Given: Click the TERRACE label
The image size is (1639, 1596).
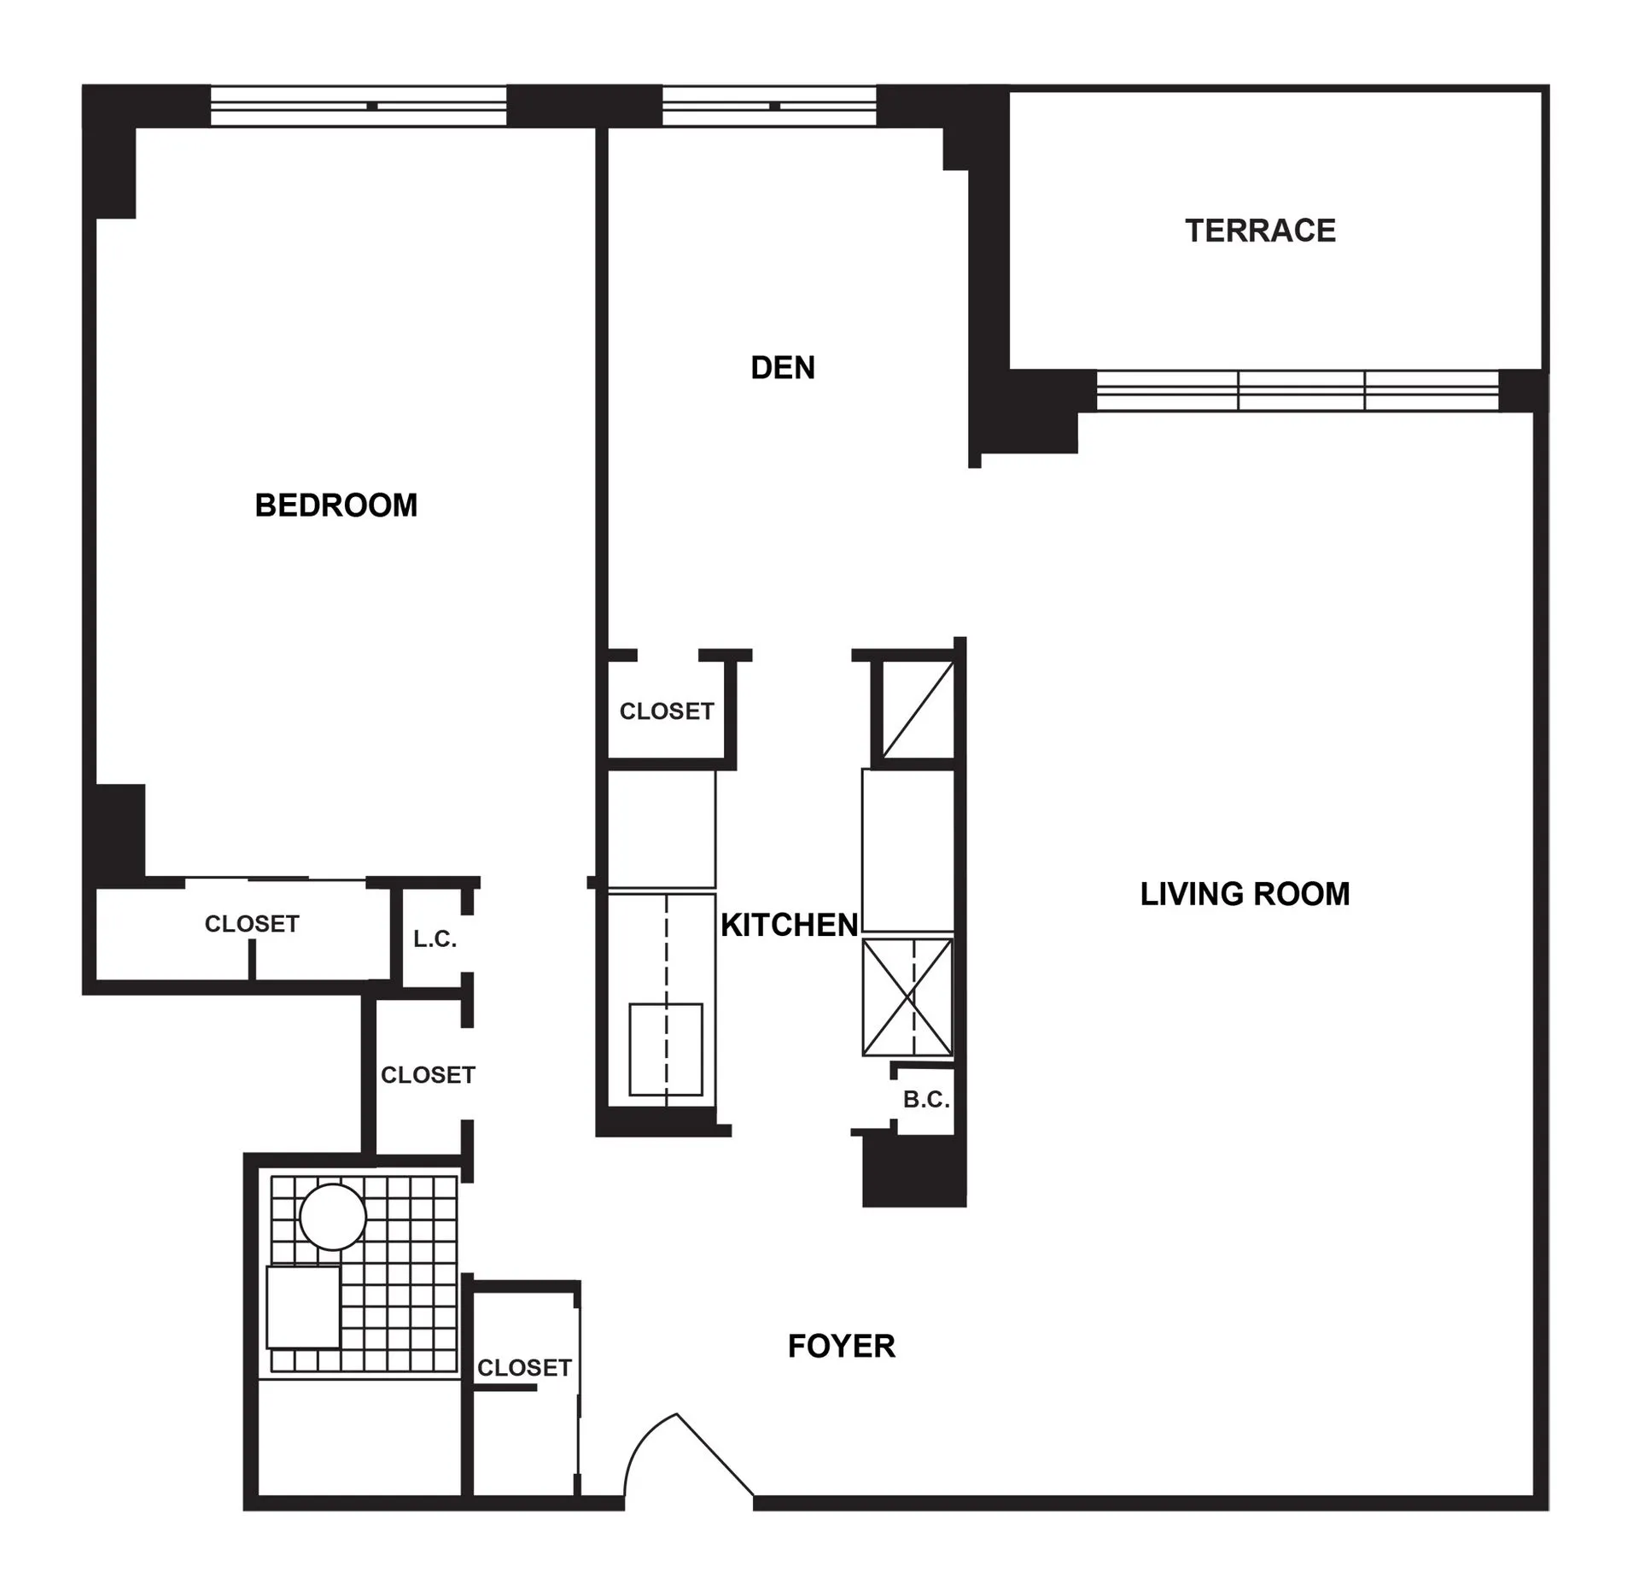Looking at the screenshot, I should [x=1260, y=231].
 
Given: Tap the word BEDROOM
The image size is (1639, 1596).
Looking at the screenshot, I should [x=336, y=506].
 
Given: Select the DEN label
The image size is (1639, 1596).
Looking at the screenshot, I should [x=783, y=368].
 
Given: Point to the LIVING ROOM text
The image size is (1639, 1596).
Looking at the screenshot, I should [x=1245, y=894].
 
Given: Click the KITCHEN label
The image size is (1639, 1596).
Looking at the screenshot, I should [x=789, y=925].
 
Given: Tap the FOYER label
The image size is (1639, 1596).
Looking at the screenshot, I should [x=841, y=1347].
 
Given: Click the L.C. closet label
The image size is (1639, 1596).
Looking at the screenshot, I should [x=435, y=940].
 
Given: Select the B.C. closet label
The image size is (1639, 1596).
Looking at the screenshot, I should [x=926, y=1100].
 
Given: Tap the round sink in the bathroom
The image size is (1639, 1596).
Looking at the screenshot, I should [x=333, y=1217].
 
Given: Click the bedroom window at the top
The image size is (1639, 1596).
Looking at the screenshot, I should [x=359, y=107].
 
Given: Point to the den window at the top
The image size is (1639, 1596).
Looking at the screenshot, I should [x=770, y=107].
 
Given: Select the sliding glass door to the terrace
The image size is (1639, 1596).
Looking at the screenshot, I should [x=1298, y=391].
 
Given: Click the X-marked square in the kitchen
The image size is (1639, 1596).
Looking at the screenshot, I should [x=907, y=997].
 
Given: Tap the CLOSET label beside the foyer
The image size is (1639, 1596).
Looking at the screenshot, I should [x=524, y=1368].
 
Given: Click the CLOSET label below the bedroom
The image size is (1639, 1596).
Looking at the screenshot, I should [x=252, y=924].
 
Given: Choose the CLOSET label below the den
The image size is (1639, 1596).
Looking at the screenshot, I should [x=666, y=711].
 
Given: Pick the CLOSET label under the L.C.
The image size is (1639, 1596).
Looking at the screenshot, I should [x=428, y=1075].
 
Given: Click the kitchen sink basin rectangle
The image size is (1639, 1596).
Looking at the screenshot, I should [x=666, y=1049].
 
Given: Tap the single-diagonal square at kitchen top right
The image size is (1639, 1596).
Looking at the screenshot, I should [x=918, y=710].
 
